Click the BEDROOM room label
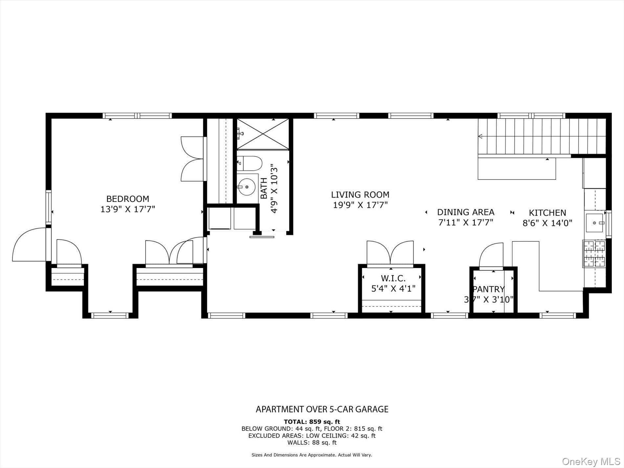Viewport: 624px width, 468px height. (128, 199)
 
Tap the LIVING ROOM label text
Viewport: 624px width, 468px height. (360, 195)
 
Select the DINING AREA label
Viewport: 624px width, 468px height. (466, 212)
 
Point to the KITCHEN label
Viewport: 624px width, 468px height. (547, 213)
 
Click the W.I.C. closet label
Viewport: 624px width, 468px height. (393, 279)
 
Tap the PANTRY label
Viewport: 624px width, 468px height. (488, 289)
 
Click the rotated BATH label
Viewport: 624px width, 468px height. (264, 188)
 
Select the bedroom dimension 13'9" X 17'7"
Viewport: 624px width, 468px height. (128, 209)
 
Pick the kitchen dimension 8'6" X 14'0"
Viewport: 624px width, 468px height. (547, 223)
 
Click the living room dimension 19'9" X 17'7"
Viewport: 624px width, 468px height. (360, 205)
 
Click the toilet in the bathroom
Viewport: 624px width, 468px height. (249, 163)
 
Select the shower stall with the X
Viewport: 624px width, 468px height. (263, 134)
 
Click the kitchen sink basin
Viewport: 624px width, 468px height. (595, 223)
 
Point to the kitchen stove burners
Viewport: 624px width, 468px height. (594, 254)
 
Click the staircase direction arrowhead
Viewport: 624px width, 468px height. (480, 136)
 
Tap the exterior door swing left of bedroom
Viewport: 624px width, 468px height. (29, 245)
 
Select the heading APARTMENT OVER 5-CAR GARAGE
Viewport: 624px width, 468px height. (322, 409)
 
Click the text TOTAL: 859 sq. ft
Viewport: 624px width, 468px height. (312, 422)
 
